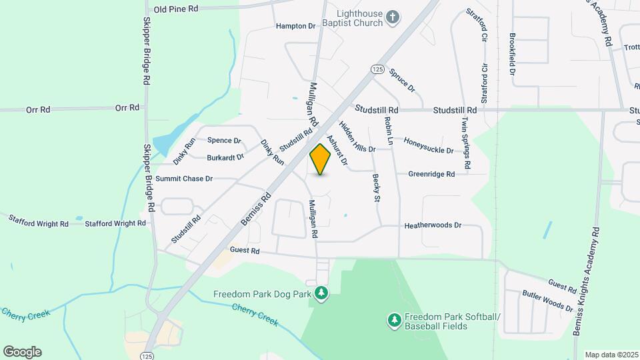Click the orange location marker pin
click(x=321, y=159)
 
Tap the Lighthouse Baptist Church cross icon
click(x=393, y=17)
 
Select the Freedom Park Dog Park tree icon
click(x=322, y=293)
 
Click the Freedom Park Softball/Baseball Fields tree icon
click(x=395, y=321)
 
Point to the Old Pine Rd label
click(x=176, y=9)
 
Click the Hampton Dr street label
click(x=295, y=26)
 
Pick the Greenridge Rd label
click(x=432, y=174)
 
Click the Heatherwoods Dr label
click(x=433, y=226)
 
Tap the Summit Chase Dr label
click(x=183, y=179)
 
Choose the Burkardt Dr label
click(x=225, y=157)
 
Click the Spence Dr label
click(x=223, y=141)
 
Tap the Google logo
click(x=22, y=351)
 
